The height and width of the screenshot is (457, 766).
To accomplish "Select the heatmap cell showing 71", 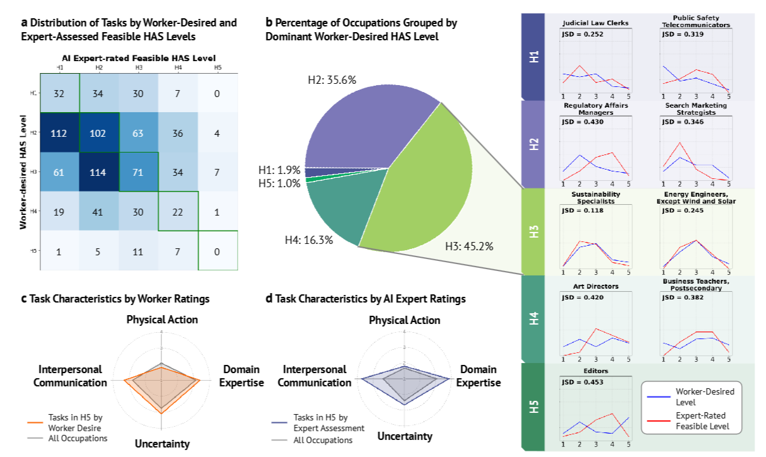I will coord(139,171).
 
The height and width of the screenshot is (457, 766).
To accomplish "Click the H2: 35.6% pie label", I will coord(332,81).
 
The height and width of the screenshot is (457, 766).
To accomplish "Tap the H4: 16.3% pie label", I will coord(309,240).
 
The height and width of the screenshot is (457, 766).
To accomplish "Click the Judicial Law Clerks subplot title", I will coord(595,24).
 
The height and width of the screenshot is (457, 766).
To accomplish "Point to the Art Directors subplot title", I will coord(595,286).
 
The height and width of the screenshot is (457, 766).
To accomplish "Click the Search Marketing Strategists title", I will coord(695,108).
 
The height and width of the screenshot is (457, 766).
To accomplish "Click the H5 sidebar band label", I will coord(534,407).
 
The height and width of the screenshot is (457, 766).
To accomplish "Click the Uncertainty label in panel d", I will coord(405,436).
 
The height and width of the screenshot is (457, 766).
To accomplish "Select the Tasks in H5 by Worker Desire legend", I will coord(76,422).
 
